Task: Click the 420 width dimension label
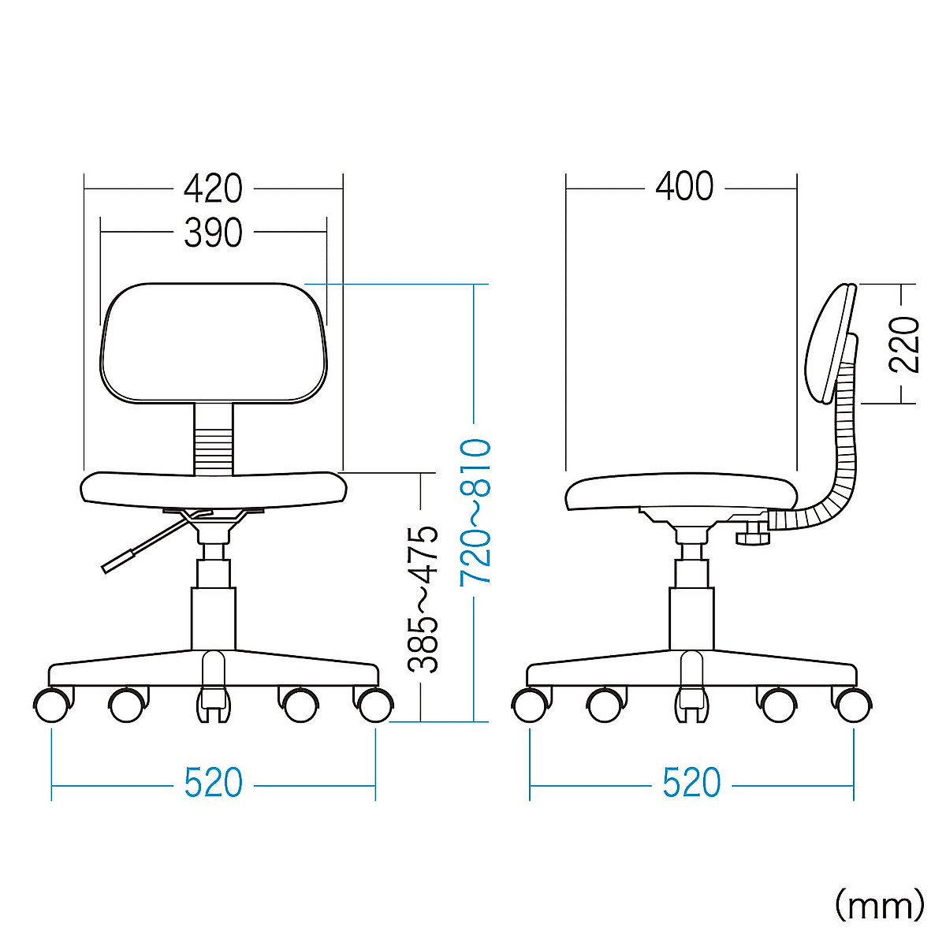point(213,188)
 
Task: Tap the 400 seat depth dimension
point(684,186)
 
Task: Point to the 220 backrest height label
point(903,345)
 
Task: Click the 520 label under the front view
point(214,783)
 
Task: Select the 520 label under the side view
point(691,783)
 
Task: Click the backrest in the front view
point(214,343)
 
